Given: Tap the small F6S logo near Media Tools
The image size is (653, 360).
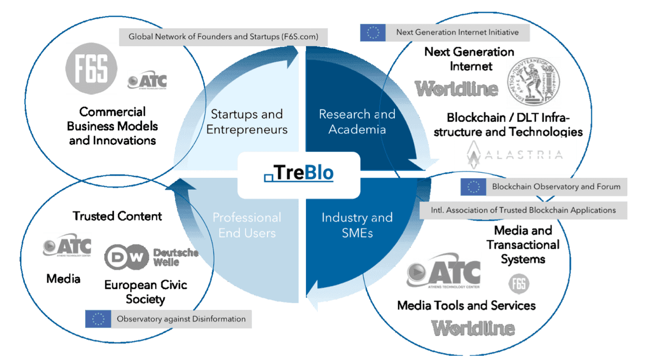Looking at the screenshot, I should [x=519, y=283].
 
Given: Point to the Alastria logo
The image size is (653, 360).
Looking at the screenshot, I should [x=514, y=155].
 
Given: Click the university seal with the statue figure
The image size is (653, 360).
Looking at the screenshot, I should [x=534, y=82].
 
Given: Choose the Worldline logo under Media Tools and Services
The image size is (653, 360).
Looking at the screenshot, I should [x=473, y=327].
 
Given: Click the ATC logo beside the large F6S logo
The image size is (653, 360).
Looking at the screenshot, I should [x=148, y=82].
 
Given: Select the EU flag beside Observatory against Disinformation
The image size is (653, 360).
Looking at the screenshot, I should [x=98, y=319].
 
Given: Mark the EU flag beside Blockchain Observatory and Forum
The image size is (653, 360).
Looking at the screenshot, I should [x=473, y=187].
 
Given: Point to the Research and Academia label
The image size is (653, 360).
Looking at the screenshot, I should [x=357, y=122].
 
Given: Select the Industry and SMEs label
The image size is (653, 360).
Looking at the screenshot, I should [x=357, y=225].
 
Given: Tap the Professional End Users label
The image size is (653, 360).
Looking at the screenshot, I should [x=247, y=225].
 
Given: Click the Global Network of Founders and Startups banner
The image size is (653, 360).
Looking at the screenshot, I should [x=223, y=37].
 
